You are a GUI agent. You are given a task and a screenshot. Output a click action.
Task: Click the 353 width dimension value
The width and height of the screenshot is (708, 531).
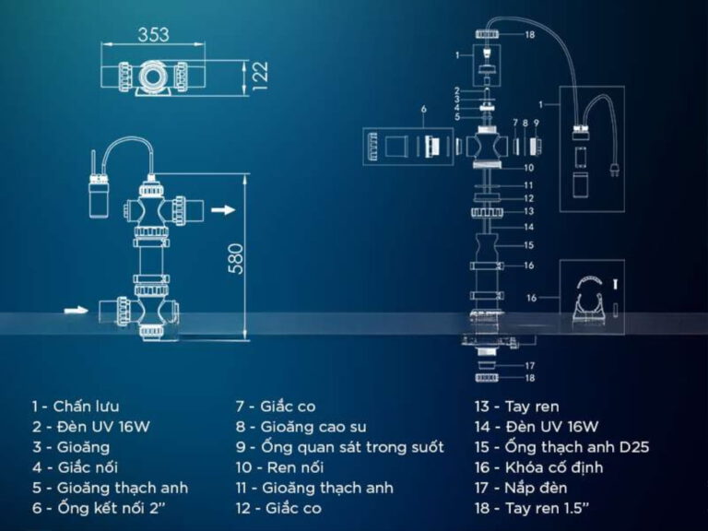click(154, 35)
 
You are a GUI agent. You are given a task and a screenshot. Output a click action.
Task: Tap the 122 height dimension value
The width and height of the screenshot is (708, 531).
click(260, 76)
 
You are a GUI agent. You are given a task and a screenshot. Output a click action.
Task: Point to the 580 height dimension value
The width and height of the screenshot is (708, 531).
click(236, 259)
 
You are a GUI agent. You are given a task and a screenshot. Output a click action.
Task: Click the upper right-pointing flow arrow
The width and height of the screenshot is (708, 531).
click(223, 209)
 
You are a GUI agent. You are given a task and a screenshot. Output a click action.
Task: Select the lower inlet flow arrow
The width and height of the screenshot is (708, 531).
click(76, 310)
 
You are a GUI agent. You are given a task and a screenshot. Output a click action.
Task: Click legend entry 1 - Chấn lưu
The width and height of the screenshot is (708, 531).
click(76, 407)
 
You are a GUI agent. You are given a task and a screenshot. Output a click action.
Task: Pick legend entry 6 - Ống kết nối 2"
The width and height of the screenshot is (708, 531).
click(99, 508)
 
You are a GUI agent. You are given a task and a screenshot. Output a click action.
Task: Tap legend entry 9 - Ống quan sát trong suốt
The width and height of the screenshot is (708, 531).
click(340, 447)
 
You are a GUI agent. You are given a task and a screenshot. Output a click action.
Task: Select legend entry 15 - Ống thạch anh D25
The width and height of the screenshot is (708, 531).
click(561, 447)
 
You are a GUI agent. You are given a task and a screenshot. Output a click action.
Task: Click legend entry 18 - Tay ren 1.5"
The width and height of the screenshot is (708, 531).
click(532, 508)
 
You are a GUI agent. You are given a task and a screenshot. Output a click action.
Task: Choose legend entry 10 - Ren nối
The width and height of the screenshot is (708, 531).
click(279, 467)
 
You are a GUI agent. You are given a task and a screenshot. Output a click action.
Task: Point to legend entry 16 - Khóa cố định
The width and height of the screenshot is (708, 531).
click(538, 467)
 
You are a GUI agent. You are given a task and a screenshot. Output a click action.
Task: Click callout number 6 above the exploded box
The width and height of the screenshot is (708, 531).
click(423, 110)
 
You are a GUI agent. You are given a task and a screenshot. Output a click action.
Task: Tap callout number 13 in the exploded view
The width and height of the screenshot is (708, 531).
click(529, 211)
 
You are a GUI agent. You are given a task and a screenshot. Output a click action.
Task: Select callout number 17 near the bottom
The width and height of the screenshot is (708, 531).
click(530, 366)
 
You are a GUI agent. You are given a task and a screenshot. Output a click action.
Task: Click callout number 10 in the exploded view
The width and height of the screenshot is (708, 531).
click(529, 168)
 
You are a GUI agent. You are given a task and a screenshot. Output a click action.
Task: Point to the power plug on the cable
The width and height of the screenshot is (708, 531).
click(613, 169)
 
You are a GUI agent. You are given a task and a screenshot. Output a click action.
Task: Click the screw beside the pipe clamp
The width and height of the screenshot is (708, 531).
click(615, 285)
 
